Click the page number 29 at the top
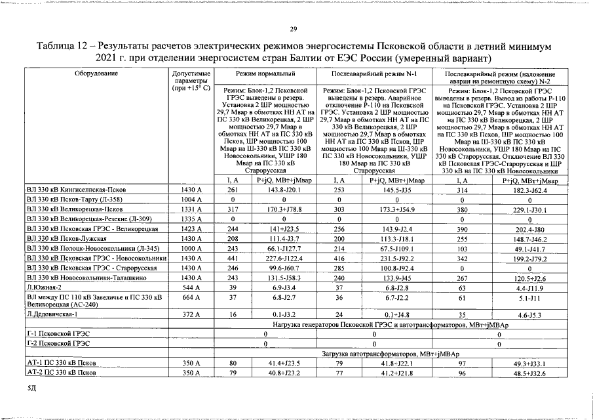pyautogui.click(x=294, y=28)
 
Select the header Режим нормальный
pyautogui.click(x=265, y=73)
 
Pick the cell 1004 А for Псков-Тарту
pyautogui.click(x=189, y=199)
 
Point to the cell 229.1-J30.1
pyautogui.click(x=530, y=209)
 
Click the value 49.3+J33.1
pyautogui.click(x=530, y=362)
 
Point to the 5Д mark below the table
pyautogui.click(x=31, y=388)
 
